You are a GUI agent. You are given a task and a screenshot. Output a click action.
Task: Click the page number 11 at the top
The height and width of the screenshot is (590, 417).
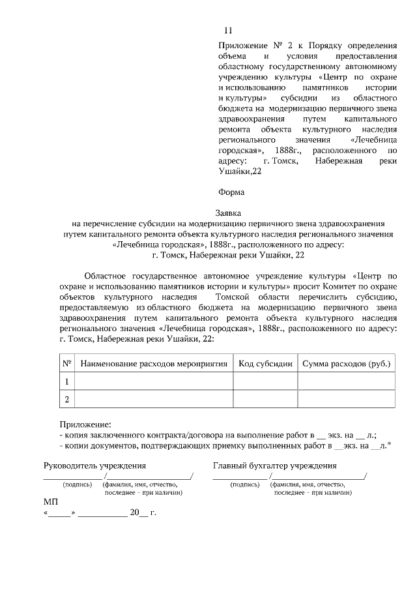(x=227, y=31)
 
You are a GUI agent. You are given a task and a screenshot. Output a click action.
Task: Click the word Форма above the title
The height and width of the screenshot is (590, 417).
(x=231, y=192)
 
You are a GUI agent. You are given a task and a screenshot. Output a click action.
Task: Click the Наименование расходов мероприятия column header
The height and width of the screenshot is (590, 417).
(x=154, y=363)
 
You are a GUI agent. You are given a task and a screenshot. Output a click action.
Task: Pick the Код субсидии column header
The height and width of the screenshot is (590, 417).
(x=265, y=363)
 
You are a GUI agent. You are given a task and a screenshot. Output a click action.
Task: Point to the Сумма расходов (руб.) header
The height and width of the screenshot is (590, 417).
(x=345, y=363)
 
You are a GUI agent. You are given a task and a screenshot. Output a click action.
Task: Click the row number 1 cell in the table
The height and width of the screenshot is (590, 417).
(x=66, y=381)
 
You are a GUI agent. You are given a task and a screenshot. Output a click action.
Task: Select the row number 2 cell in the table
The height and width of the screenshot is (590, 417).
(x=66, y=398)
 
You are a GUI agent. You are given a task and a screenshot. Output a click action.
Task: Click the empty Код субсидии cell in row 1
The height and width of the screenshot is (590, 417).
(x=265, y=381)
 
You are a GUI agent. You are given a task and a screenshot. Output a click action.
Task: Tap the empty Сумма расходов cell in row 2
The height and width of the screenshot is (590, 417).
(x=345, y=398)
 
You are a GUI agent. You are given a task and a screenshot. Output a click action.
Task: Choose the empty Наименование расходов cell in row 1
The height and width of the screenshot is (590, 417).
(x=154, y=381)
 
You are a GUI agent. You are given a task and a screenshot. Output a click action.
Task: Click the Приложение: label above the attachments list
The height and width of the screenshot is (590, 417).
(x=85, y=424)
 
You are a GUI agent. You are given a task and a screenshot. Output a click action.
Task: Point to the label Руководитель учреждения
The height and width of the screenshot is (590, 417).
(x=94, y=465)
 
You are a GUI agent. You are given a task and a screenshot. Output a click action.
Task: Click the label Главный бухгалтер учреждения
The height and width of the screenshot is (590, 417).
(x=274, y=465)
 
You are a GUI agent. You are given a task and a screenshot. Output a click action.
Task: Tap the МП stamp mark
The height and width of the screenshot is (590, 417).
(x=51, y=503)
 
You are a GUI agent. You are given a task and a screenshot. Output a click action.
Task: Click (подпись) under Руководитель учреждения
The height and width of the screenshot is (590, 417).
(x=76, y=485)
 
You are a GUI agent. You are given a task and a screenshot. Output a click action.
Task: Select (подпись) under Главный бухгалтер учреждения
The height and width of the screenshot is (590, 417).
(x=245, y=485)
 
